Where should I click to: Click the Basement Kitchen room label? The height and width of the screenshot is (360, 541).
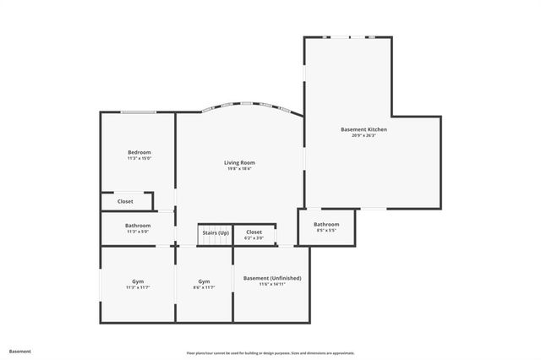tap(363, 129)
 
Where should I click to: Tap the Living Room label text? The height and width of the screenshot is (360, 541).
tap(239, 162)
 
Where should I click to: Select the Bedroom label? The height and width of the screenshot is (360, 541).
tap(139, 152)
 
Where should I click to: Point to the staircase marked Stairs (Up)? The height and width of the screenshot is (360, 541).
tap(214, 238)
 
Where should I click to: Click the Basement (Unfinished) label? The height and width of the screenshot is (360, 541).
tap(272, 278)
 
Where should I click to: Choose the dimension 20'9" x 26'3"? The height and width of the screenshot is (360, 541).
tap(363, 135)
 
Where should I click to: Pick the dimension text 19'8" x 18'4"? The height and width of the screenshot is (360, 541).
tap(239, 168)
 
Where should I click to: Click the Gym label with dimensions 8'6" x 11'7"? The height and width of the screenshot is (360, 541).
tap(204, 281)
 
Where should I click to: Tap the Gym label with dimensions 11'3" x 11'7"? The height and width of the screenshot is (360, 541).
tap(138, 281)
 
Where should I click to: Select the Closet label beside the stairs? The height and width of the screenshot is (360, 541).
tap(254, 232)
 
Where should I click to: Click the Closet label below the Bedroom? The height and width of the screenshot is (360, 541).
tap(125, 201)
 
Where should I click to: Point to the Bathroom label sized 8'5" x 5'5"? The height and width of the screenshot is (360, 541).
tap(326, 224)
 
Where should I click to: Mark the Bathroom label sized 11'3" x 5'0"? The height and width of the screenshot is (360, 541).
tap(138, 226)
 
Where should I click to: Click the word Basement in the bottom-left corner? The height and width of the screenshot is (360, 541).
tap(20, 351)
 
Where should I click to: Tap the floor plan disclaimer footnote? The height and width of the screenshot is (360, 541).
tap(270, 353)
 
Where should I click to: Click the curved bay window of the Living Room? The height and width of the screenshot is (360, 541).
tap(250, 106)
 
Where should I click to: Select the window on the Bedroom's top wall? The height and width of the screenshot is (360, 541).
tap(138, 112)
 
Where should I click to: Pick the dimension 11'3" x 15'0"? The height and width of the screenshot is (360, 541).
tap(139, 158)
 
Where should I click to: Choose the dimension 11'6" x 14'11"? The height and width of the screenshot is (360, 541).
tap(272, 284)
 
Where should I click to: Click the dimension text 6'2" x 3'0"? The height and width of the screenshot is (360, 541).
tap(254, 237)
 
